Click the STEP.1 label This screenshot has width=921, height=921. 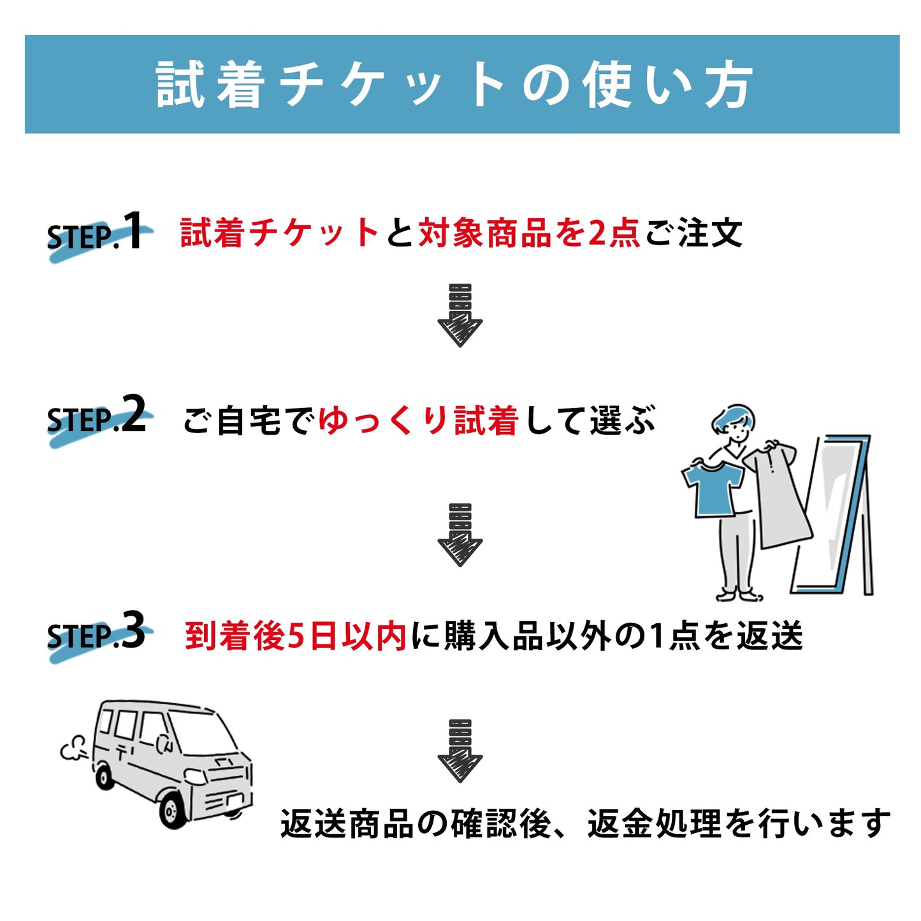[96, 234]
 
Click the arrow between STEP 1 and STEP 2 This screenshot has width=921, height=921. [460, 316]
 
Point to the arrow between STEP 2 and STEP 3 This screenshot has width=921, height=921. [460, 535]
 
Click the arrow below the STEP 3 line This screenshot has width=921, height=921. [460, 751]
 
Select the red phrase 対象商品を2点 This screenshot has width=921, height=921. [529, 233]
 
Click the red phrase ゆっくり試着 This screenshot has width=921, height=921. [417, 421]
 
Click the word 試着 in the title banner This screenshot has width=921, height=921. [210, 85]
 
